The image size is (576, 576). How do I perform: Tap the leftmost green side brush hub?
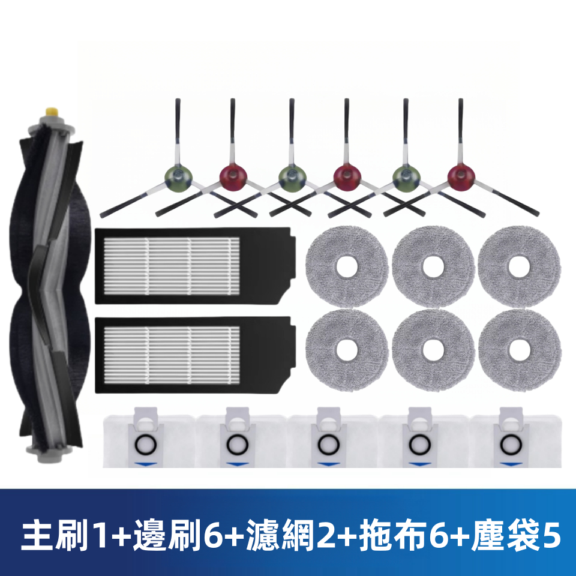click(178, 176)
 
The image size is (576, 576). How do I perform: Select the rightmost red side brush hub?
click(461, 176)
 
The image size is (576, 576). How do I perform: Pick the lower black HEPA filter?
click(195, 355)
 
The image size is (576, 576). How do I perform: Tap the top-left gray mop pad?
click(347, 266)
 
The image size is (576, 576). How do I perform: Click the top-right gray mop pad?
click(520, 266)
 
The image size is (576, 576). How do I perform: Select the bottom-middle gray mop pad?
click(433, 350)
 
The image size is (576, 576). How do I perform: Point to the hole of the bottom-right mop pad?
click(520, 350)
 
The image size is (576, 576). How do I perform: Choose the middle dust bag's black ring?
click(327, 445)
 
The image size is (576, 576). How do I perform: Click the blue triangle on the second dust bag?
click(235, 464)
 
